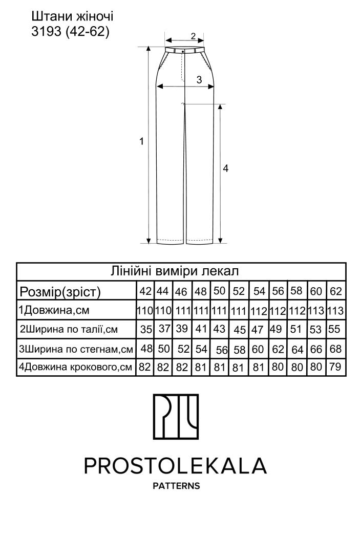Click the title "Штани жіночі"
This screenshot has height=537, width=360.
pos(72,16)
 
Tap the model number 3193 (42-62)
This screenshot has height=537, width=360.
pos(70,32)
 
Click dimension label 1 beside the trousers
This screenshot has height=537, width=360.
pos(141,141)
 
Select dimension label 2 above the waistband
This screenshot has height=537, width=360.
pos(193,36)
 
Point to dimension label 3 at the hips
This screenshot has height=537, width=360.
pos(199,80)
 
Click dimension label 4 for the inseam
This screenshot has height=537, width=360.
pos(225,168)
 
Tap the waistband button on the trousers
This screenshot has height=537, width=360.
pos(183,51)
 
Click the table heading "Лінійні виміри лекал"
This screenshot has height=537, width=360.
pos(174,271)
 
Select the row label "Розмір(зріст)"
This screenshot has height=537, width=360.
pos(60,292)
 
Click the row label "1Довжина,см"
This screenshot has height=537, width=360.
pos(54,310)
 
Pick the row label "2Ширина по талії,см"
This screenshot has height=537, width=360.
pos(69,329)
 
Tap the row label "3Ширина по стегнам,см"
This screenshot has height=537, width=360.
pos(76,349)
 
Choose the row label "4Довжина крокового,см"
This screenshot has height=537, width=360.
pos(75,367)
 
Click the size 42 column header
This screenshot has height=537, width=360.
pos(145,291)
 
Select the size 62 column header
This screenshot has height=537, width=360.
pos(336,291)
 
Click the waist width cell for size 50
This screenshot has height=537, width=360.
pos(219,329)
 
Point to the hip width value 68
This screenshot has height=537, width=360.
pos(336,349)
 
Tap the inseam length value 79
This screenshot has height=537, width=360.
pos(335,367)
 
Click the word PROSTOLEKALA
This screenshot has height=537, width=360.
pos(175,465)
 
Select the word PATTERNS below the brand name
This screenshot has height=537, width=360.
pos(176,486)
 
